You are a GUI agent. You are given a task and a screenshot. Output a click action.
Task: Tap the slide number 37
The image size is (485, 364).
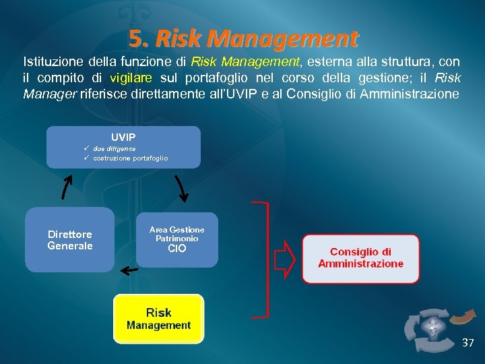pyautogui.click(x=467, y=343)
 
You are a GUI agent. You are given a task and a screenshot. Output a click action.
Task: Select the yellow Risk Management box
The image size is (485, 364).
pyautogui.click(x=158, y=319)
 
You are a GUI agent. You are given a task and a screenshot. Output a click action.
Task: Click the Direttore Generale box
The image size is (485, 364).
pyautogui.click(x=70, y=240)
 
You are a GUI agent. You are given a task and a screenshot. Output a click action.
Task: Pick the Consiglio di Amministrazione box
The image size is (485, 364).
pyautogui.click(x=360, y=258)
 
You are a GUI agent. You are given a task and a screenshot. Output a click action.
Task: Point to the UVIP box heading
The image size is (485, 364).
pyautogui.click(x=123, y=137)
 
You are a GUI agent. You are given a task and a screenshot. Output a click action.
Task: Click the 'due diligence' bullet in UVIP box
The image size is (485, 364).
pyautogui.click(x=114, y=148)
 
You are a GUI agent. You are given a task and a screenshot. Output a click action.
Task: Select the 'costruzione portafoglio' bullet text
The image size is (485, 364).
pyautogui.click(x=130, y=158)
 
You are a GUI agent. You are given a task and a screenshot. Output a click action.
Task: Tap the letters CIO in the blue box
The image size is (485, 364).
pyautogui.click(x=176, y=249)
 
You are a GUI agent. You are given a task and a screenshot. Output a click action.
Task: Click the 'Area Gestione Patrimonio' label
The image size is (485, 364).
pyautogui.click(x=176, y=234)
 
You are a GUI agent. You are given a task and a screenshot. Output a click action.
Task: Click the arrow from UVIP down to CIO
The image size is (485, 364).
pyautogui.click(x=181, y=187)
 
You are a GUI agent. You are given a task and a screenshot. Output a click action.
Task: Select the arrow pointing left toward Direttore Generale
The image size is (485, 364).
pyautogui.click(x=128, y=270)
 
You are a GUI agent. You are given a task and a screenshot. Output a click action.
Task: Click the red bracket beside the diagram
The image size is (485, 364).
pyautogui.click(x=263, y=258)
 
